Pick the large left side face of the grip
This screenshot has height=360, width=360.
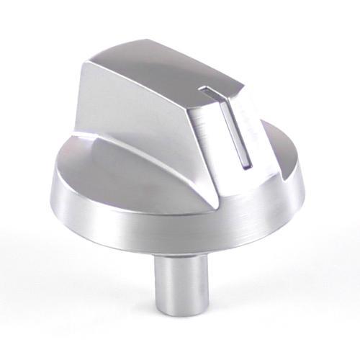137,115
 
